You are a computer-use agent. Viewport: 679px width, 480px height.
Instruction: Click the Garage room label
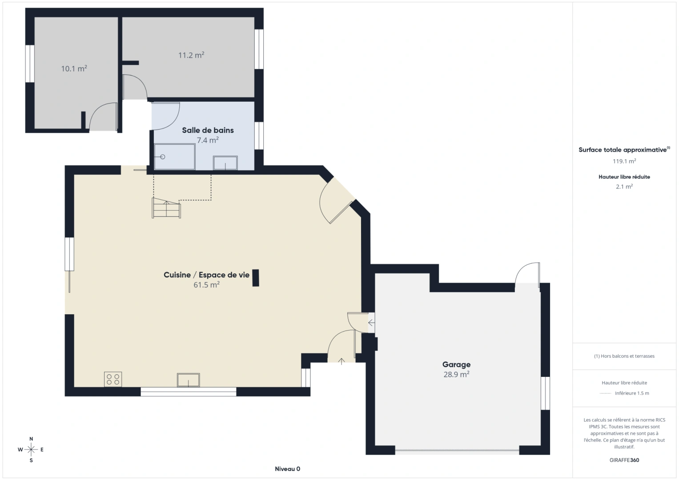pos(456,364)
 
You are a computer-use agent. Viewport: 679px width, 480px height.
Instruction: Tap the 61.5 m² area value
pos(206,285)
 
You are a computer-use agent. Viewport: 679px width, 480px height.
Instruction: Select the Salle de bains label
pos(208,130)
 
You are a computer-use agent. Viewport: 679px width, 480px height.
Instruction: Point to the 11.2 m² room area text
pos(191,55)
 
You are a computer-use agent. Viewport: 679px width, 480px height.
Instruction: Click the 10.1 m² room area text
pos(74,68)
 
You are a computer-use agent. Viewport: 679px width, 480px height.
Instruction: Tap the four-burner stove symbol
pos(113,379)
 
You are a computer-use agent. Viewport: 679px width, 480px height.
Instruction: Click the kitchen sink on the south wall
pos(188,380)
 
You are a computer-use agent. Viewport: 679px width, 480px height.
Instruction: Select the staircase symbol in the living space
pos(167,208)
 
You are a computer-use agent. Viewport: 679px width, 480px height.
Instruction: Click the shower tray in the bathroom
pos(174,156)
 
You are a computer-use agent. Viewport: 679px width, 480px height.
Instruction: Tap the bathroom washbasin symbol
pos(225,163)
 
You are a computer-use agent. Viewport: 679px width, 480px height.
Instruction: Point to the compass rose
pos(31,449)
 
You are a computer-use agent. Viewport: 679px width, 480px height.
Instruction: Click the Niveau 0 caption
pos(287,469)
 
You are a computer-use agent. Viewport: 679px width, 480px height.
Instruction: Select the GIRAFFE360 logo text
pos(624,460)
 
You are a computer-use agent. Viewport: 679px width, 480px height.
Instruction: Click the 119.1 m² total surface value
pos(624,161)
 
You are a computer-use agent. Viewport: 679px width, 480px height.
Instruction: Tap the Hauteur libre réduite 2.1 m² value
pos(624,187)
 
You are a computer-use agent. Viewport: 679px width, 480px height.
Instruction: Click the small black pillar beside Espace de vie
pos(256,278)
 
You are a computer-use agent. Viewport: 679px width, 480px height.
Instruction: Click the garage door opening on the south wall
pos(457,451)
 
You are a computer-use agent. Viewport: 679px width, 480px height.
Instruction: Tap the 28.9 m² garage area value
pos(456,374)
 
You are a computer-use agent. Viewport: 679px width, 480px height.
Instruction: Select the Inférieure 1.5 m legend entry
pos(631,393)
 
